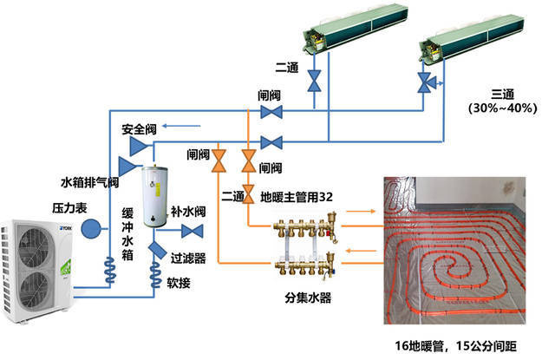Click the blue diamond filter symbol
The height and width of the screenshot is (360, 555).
[x=158, y=249]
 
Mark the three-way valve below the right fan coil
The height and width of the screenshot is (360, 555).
[x=425, y=82]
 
